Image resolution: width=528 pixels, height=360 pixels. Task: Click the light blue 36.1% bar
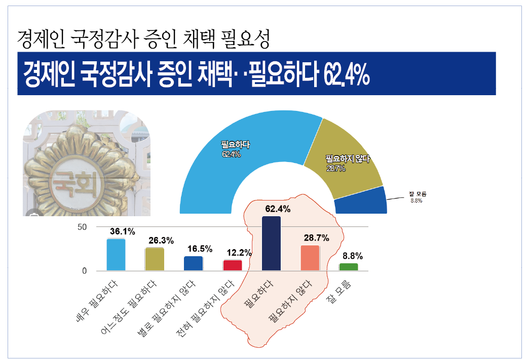point(116,255)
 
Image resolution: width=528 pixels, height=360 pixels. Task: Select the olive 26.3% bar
point(155,259)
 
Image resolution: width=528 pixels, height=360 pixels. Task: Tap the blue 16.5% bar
point(194,263)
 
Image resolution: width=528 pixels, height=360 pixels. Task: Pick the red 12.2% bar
point(233,265)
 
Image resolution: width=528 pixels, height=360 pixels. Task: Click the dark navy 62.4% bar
point(271,244)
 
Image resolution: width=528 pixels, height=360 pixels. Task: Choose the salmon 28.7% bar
point(310,258)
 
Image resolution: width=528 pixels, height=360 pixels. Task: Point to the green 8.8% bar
point(349,267)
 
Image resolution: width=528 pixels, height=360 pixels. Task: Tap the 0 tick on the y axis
point(85,271)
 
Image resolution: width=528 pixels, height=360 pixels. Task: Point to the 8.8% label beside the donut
point(416,201)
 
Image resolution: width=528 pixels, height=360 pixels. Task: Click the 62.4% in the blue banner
point(345,74)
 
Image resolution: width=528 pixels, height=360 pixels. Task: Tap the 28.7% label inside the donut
point(335,169)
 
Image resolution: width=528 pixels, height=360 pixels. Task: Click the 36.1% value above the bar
point(123,232)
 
